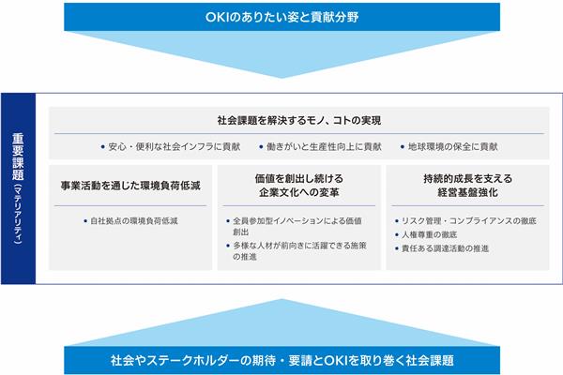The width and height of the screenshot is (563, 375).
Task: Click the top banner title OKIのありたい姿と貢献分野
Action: coord(281,17)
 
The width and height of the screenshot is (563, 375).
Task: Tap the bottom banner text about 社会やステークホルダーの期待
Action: coord(282,360)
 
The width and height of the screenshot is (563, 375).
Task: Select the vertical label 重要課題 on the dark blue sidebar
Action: coord(18,157)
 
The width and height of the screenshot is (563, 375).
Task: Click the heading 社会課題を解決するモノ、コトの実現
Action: coord(299,121)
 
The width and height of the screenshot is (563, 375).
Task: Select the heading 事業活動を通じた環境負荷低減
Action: coord(130,186)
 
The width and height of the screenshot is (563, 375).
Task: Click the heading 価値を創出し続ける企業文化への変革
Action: coord(299,186)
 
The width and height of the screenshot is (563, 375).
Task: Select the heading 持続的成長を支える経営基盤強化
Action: coord(468,186)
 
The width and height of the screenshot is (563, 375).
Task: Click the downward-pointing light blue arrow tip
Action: coord(281,78)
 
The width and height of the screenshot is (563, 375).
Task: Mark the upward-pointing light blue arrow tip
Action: coord(281,300)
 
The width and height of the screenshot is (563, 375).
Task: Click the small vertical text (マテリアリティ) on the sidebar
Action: coord(18,215)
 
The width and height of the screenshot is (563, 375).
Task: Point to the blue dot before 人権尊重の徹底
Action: coord(397,234)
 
